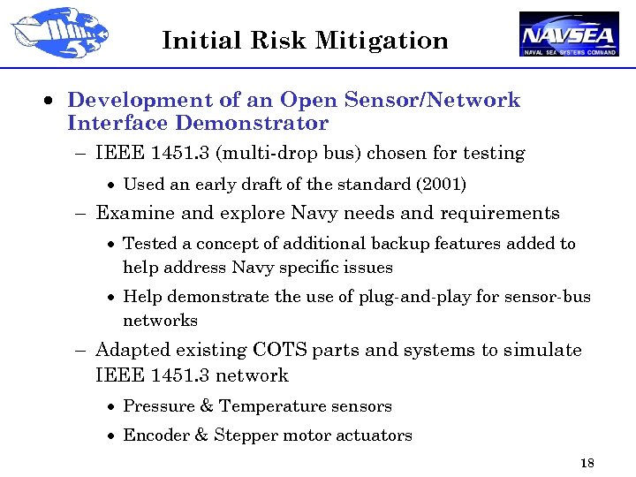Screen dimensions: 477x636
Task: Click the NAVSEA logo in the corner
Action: tap(569, 34)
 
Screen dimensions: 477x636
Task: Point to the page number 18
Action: tap(587, 464)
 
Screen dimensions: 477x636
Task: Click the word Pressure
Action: tap(155, 406)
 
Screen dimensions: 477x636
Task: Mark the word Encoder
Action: tap(154, 435)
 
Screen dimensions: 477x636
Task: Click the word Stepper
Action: tap(243, 435)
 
